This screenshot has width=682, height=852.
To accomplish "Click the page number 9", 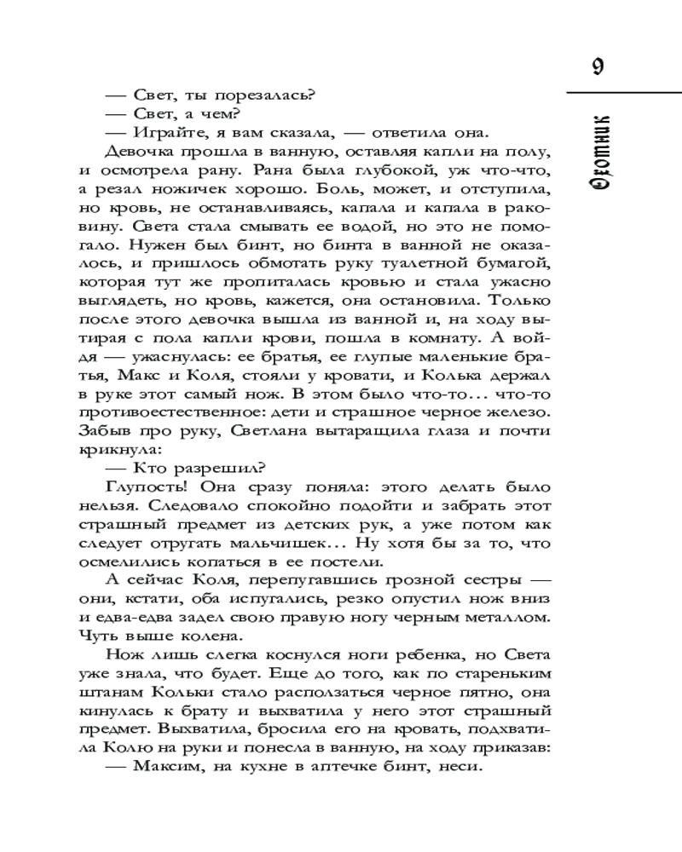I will click(x=597, y=67).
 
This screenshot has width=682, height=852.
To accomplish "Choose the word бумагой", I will click(x=514, y=266).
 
